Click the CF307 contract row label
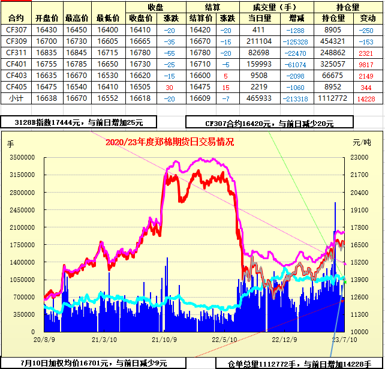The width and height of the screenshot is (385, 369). (16, 29)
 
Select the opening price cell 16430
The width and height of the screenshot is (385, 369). (46, 29)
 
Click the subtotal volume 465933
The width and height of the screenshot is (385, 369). (258, 98)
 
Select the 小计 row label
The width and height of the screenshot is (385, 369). (16, 98)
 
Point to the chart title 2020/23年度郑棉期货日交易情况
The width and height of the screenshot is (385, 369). (169, 142)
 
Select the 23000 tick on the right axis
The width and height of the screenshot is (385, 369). (360, 157)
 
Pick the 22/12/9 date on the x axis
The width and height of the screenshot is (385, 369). (285, 339)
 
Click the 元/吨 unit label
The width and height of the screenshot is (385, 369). (362, 143)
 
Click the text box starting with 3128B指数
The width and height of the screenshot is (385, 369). (79, 122)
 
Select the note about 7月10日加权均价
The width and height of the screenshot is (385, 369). (94, 362)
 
